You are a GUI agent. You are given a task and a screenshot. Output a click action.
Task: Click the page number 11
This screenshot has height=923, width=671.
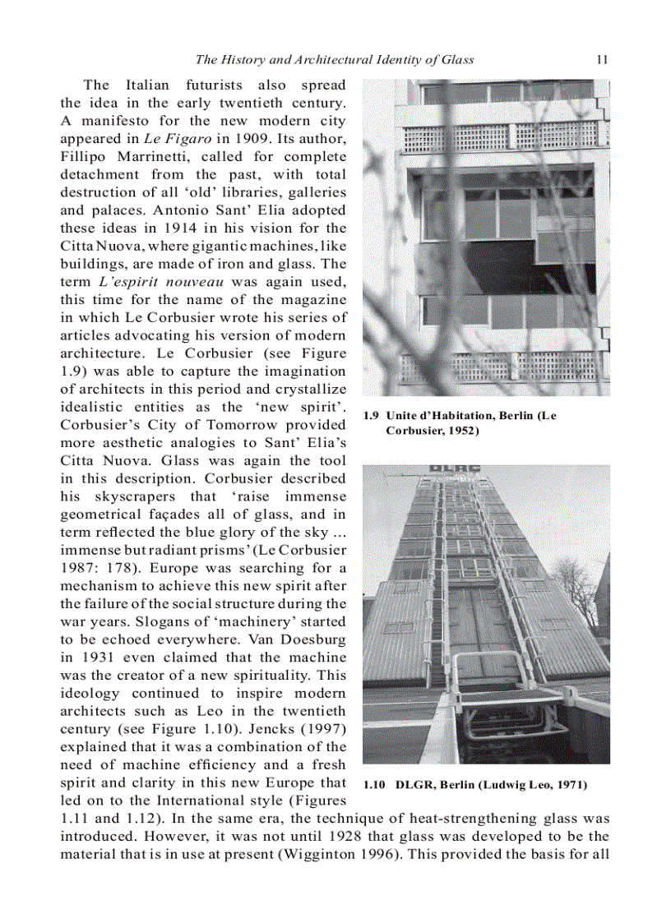601,59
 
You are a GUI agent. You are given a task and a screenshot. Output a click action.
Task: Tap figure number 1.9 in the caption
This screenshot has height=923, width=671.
371,416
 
